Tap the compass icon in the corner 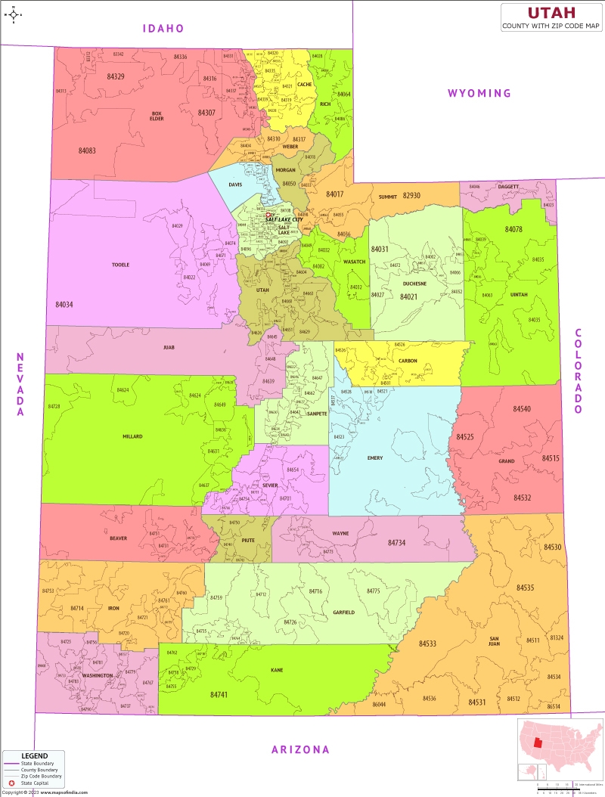[14, 14]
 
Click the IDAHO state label [164, 29]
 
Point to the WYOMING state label [479, 93]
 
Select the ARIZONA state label [301, 749]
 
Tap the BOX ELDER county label [157, 116]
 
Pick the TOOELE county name [120, 265]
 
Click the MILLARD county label [132, 436]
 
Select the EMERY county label [375, 458]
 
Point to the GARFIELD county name [343, 612]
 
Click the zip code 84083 [87, 150]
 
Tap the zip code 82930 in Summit [411, 195]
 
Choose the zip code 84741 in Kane [219, 694]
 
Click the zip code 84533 [427, 643]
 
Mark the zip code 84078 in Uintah [513, 229]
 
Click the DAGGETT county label [508, 186]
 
